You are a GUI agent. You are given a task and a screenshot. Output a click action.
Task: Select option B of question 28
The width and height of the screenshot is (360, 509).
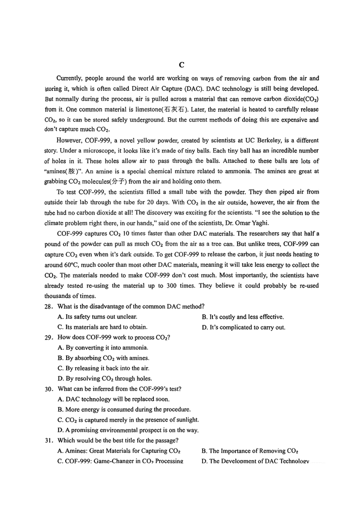[243, 317]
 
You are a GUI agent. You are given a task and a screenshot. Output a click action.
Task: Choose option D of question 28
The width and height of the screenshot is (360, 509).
[243, 327]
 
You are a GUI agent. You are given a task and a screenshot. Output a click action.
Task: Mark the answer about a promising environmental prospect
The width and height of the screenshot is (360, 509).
[128, 430]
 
